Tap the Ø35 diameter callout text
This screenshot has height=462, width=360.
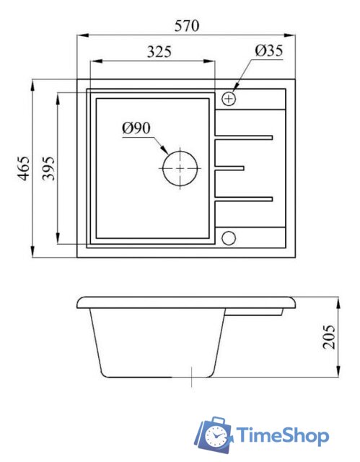[268, 51]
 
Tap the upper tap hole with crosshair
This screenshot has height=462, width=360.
[229, 97]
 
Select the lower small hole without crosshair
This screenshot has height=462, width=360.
[229, 237]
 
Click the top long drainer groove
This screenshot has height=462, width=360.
[244, 136]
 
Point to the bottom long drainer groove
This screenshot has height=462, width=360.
[244, 199]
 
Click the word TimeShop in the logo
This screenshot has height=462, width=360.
[283, 435]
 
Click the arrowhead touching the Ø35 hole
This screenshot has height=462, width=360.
[234, 91]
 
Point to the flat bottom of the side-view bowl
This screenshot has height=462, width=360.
[155, 376]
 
